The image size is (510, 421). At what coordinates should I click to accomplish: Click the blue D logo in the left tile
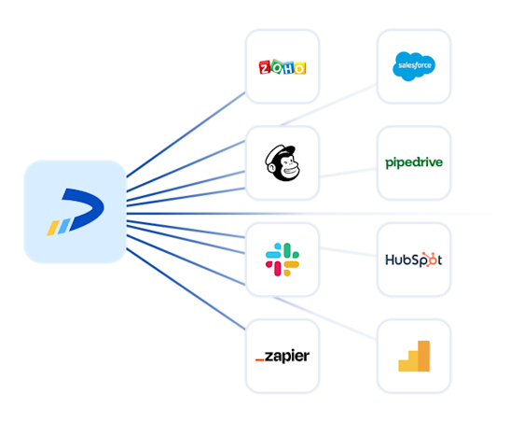pos(76,211)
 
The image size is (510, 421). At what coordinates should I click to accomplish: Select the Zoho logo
pos(283,66)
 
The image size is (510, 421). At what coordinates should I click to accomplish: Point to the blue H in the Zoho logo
pos(289,67)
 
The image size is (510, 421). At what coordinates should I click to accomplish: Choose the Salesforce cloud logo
pos(413,65)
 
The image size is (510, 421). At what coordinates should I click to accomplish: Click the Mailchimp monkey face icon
pos(283,163)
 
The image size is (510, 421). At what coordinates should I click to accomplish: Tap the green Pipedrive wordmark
pos(413,163)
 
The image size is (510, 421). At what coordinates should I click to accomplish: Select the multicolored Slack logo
pos(283,259)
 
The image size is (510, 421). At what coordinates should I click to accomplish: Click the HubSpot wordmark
pos(413,259)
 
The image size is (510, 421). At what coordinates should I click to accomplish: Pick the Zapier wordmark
pos(283,356)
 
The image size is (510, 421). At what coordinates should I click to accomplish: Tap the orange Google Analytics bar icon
pos(413,356)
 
